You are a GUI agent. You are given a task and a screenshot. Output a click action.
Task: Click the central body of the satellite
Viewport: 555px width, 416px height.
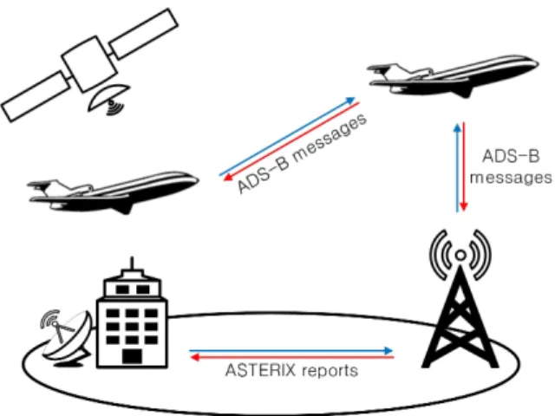pos(89,64)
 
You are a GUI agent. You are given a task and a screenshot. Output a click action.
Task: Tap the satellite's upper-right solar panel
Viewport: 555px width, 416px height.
pos(143,33)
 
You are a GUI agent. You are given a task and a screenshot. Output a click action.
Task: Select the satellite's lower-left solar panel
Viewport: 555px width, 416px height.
pos(36,96)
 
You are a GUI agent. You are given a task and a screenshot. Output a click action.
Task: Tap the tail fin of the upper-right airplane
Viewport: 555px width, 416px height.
pos(384,69)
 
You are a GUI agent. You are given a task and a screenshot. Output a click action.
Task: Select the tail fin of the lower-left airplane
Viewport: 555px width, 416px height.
pos(45,185)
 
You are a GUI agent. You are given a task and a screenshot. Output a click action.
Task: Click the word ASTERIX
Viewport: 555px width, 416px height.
pos(260,371)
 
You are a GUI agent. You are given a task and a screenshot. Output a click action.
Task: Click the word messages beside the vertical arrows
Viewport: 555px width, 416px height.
pos(511,178)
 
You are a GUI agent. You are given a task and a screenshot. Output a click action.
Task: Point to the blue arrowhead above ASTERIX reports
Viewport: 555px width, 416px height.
pos(388,350)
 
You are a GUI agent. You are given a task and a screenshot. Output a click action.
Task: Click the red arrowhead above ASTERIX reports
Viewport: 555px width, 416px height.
pos(194,358)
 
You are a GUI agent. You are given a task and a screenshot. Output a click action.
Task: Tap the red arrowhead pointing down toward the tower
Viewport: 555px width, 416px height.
pos(464,207)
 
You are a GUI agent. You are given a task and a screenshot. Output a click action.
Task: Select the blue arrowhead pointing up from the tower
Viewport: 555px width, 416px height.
pos(458,127)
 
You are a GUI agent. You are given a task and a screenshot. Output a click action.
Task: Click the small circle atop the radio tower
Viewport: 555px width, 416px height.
pos(460,255)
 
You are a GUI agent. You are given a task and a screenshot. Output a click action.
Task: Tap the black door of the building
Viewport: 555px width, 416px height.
pos(132,357)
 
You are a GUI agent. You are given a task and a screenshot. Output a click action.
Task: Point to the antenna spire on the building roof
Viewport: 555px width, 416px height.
pos(132,263)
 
